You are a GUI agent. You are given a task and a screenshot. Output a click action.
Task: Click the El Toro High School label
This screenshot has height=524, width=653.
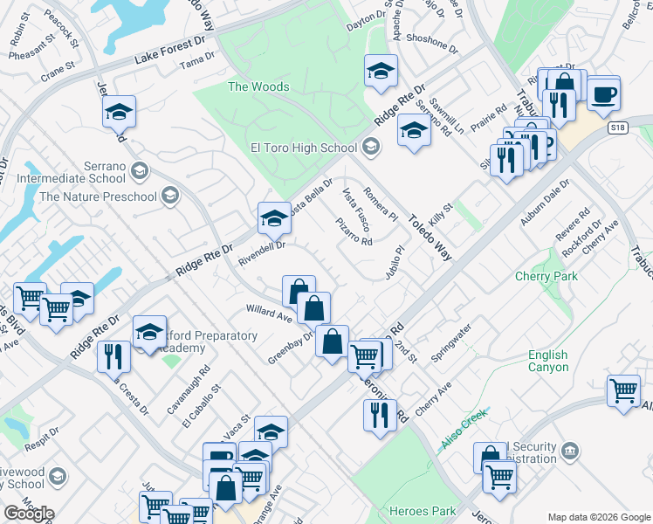(303, 148)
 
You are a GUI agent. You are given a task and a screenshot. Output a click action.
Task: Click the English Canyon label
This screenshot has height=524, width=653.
(547, 361)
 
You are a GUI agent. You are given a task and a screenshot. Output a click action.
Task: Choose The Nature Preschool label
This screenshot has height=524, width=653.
(96, 196)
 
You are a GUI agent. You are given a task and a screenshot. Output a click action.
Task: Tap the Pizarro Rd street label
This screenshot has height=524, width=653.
(354, 231)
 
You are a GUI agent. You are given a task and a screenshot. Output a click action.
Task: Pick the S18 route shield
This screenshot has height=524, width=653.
(619, 128)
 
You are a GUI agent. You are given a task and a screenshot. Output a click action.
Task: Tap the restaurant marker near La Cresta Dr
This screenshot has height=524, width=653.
(114, 355)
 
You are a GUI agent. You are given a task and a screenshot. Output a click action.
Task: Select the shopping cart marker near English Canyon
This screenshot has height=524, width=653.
(623, 390)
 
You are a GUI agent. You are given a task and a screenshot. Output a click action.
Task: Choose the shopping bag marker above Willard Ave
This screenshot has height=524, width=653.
(299, 290)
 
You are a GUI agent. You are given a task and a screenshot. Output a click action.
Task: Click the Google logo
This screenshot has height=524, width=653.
(29, 514)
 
